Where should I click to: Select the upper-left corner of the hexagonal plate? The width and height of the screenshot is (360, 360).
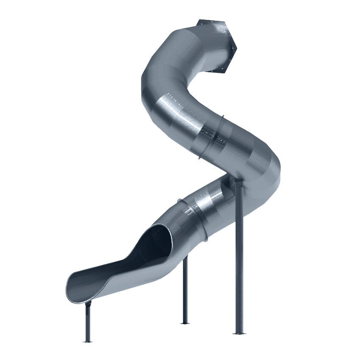pos(199,20)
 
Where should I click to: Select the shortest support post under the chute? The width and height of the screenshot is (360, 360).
pos(88,322)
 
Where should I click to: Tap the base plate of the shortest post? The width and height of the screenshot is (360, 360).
pos(88,341)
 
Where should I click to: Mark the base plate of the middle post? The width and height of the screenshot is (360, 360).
pos(185,323)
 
